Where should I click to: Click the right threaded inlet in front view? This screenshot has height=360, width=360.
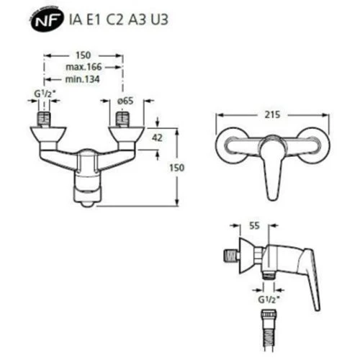[122, 118]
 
